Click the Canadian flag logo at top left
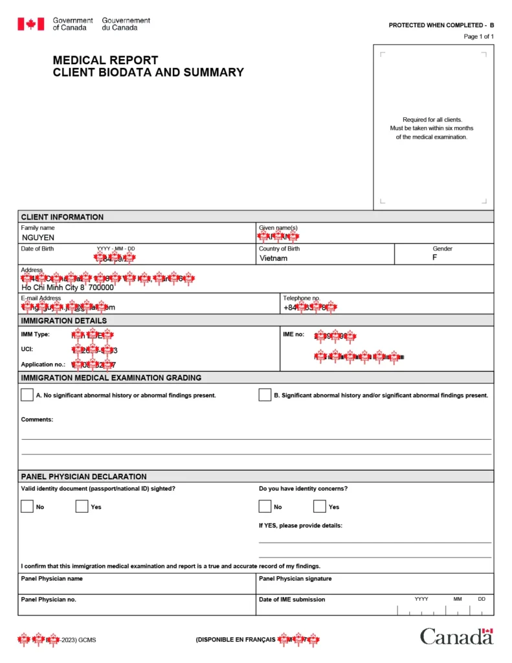pyautogui.click(x=30, y=24)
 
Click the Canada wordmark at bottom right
pyautogui.click(x=456, y=636)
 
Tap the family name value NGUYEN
pyautogui.click(x=38, y=238)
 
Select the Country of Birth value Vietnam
pyautogui.click(x=273, y=258)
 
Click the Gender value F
pyautogui.click(x=435, y=258)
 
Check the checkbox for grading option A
pyautogui.click(x=27, y=395)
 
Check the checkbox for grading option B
pyautogui.click(x=265, y=395)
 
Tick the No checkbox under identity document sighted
pyautogui.click(x=27, y=506)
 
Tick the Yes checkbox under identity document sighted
pyautogui.click(x=82, y=506)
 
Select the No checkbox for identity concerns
pyautogui.click(x=265, y=506)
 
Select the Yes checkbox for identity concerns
pyautogui.click(x=320, y=506)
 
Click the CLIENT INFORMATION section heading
pyautogui.click(x=62, y=217)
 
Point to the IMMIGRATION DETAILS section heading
pyautogui.click(x=64, y=320)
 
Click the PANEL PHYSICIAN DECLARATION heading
pyautogui.click(x=83, y=477)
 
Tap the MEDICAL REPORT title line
pyautogui.click(x=106, y=60)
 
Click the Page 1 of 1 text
pyautogui.click(x=478, y=36)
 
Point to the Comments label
pyautogui.click(x=37, y=420)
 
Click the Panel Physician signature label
pyautogui.click(x=295, y=579)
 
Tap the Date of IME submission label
pyautogui.click(x=292, y=600)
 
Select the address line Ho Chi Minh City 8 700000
pyautogui.click(x=67, y=287)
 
